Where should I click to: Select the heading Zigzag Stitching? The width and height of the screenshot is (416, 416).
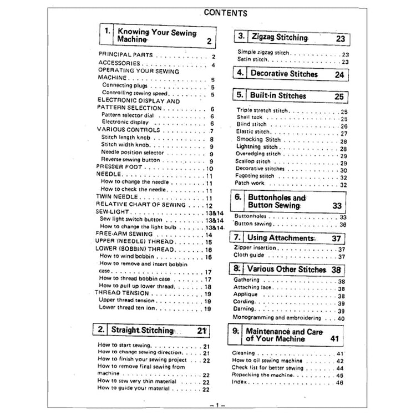(x=280, y=38)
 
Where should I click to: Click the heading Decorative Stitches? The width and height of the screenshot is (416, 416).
(x=283, y=74)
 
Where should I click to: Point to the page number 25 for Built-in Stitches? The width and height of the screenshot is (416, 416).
(x=338, y=96)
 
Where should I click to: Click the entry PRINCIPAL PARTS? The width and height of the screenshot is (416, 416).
(x=122, y=56)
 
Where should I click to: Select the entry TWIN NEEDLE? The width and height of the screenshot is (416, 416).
(x=114, y=197)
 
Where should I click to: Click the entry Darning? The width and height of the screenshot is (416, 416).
(x=245, y=310)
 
